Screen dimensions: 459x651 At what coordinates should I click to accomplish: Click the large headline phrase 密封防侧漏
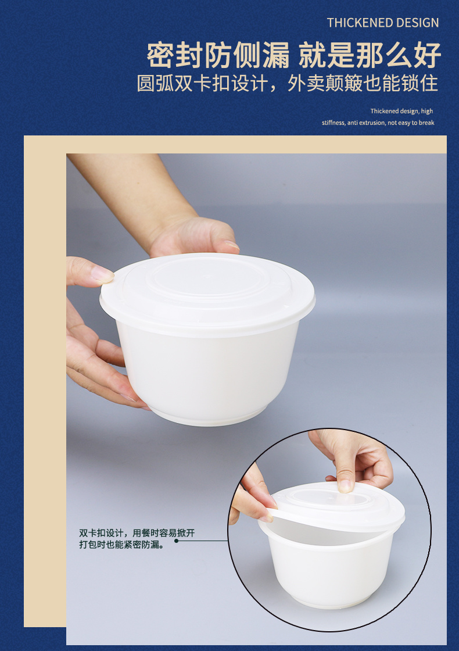tap(218, 55)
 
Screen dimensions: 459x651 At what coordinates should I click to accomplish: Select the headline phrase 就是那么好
tap(370, 55)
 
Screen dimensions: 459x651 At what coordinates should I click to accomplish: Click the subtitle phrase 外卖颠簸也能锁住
tap(363, 83)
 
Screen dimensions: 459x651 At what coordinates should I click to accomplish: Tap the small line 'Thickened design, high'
tap(401, 111)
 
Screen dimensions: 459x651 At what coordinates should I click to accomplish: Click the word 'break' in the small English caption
tap(426, 123)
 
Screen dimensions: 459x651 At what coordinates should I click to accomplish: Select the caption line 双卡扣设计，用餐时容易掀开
tap(137, 532)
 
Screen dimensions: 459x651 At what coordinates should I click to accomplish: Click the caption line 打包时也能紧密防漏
tap(122, 544)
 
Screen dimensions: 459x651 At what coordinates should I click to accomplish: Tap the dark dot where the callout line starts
tap(177, 541)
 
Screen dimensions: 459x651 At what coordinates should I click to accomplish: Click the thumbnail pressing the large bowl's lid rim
tap(102, 274)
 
